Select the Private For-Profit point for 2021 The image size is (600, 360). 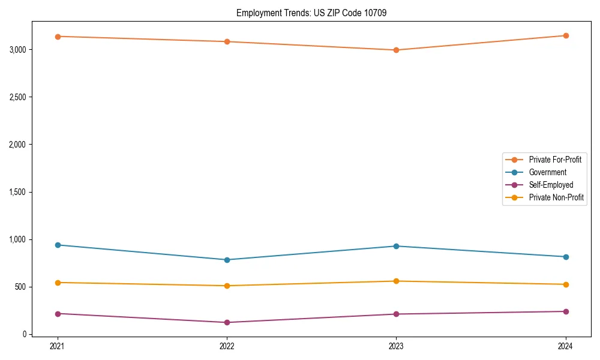[x=58, y=37]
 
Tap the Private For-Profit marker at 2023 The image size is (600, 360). [x=396, y=50]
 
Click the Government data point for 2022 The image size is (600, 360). [x=227, y=260]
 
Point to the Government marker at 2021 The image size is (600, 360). [x=58, y=245]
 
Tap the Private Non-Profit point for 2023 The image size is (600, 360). [x=396, y=281]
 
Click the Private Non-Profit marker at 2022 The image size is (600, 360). [x=227, y=286]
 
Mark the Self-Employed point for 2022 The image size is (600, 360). [x=227, y=322]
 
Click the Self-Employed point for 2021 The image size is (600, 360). [x=58, y=314]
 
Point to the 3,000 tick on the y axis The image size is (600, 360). [x=18, y=49]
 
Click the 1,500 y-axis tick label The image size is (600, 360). [x=18, y=192]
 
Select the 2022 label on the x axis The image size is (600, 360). [x=227, y=346]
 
